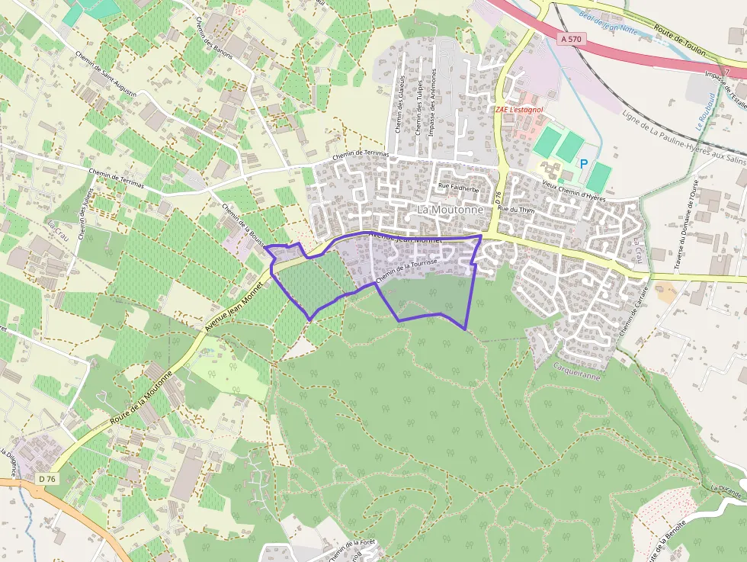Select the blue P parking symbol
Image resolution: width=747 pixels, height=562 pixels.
click(x=584, y=163)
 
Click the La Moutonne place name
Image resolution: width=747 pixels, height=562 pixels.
click(x=450, y=209)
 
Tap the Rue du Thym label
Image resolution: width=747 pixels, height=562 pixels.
click(x=512, y=208)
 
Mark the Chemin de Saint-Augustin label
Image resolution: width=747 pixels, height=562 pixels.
click(x=107, y=75)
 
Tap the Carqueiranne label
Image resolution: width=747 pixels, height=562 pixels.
click(x=577, y=376)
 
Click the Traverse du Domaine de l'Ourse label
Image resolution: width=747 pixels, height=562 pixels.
click(x=684, y=226)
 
